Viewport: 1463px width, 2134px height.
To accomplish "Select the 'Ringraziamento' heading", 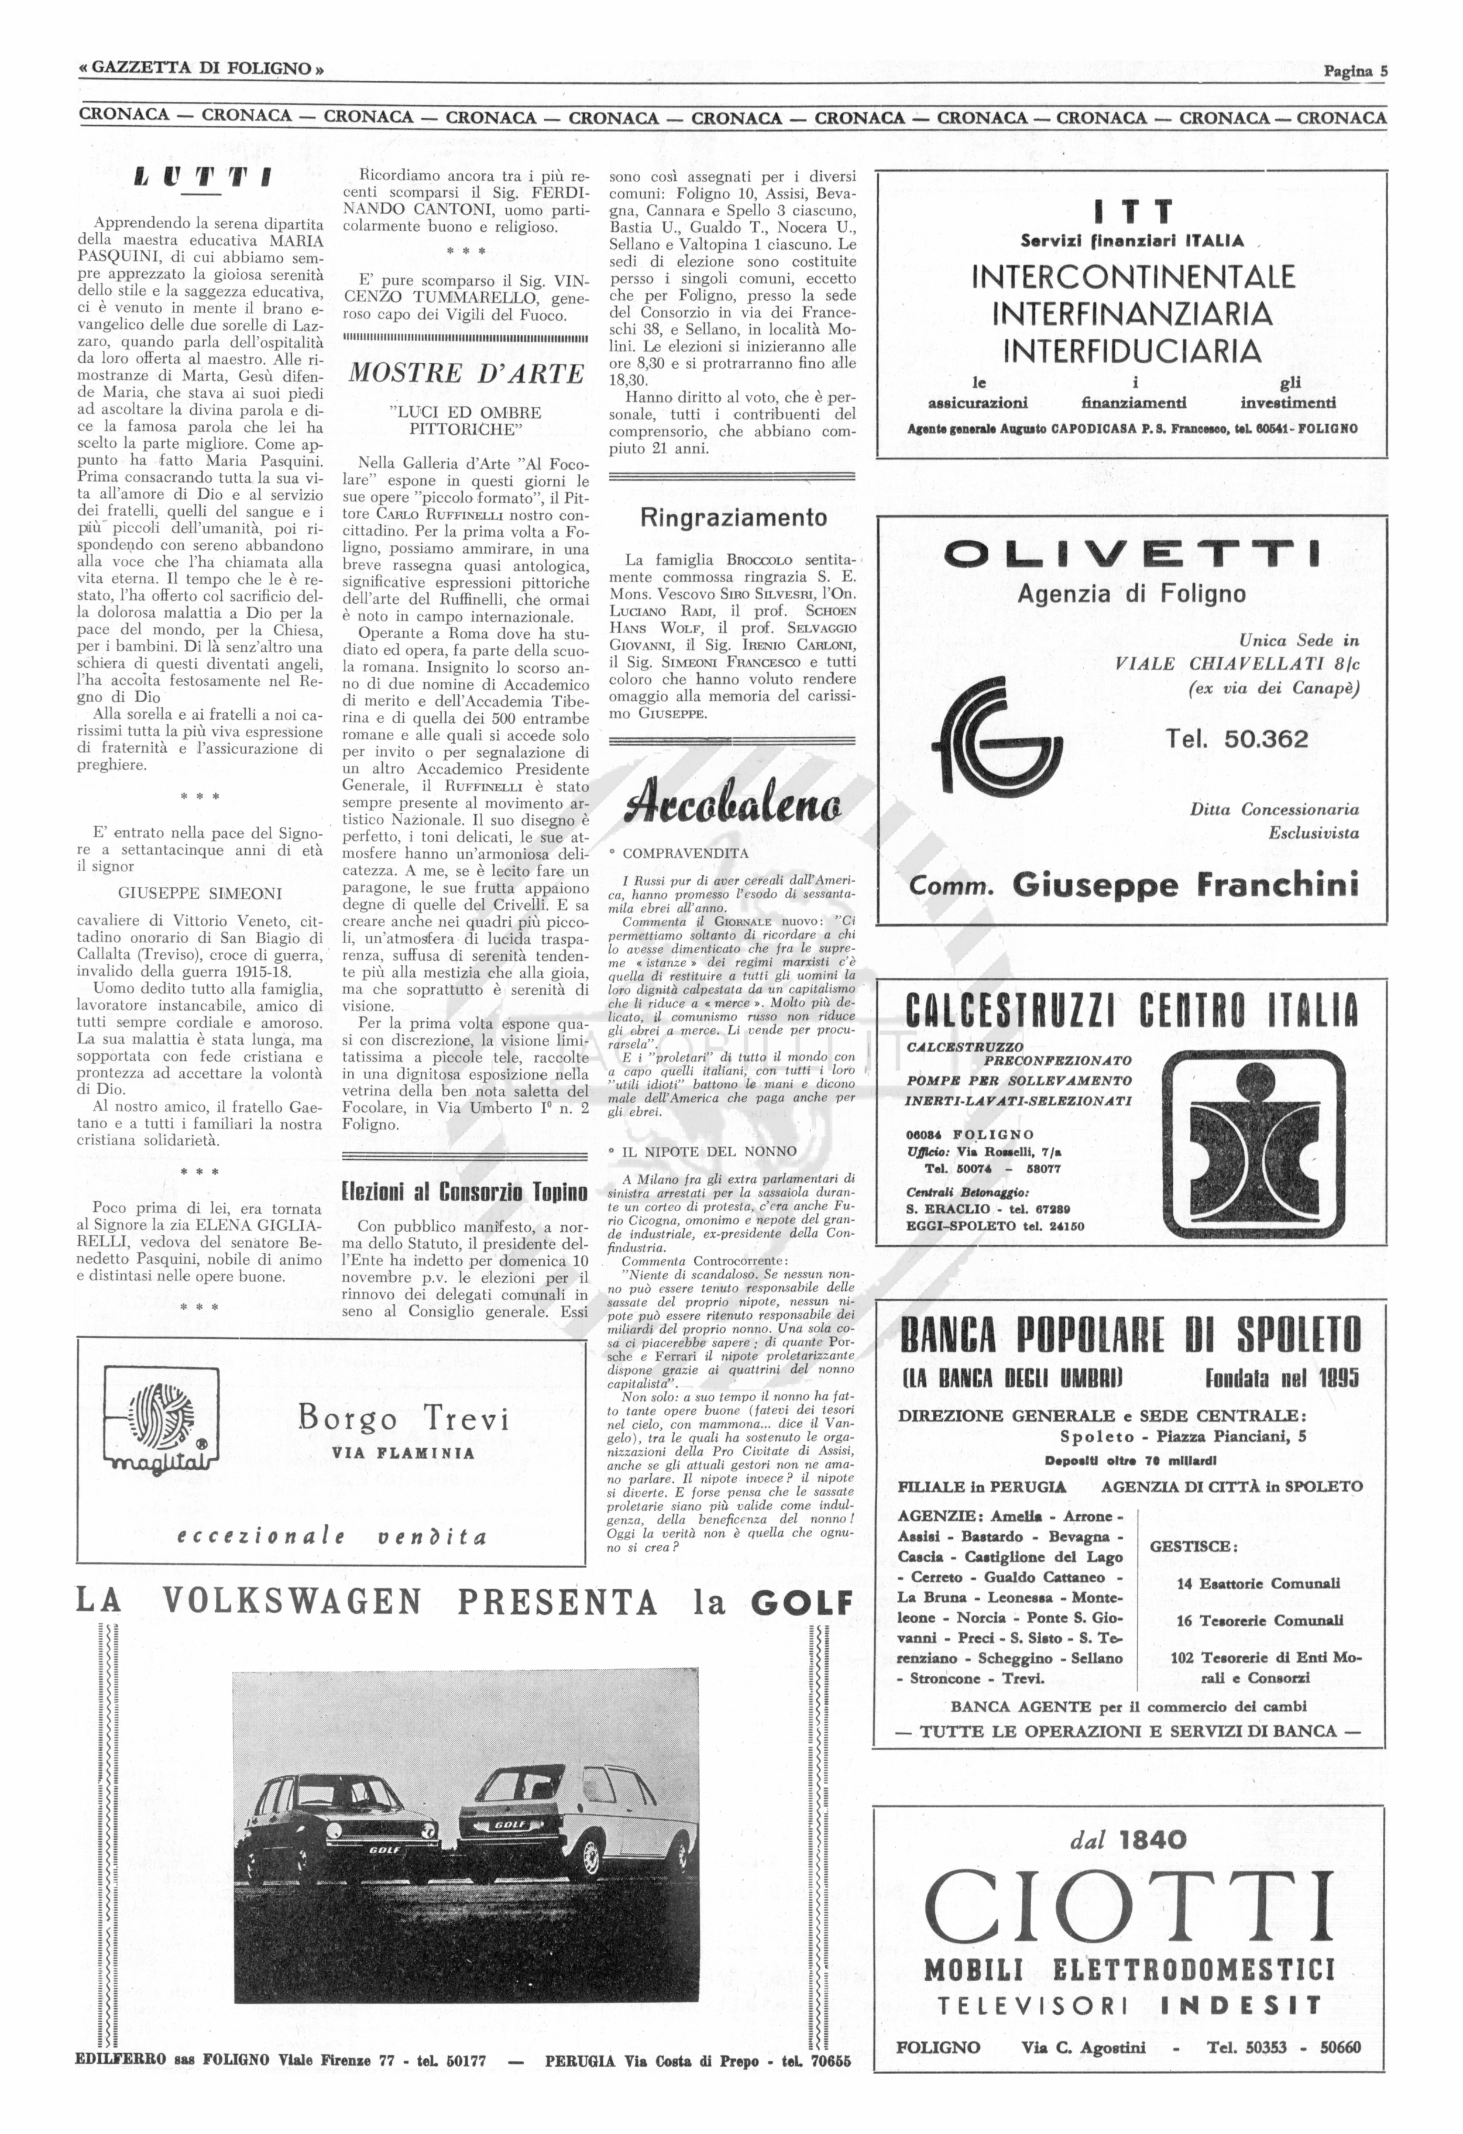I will click(733, 518).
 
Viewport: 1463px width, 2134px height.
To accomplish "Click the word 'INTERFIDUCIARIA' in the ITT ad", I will click(1131, 350).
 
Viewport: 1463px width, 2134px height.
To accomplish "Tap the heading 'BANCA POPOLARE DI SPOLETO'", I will click(1131, 1335).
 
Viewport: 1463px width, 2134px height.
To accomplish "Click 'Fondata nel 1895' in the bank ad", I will click(1282, 1378).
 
